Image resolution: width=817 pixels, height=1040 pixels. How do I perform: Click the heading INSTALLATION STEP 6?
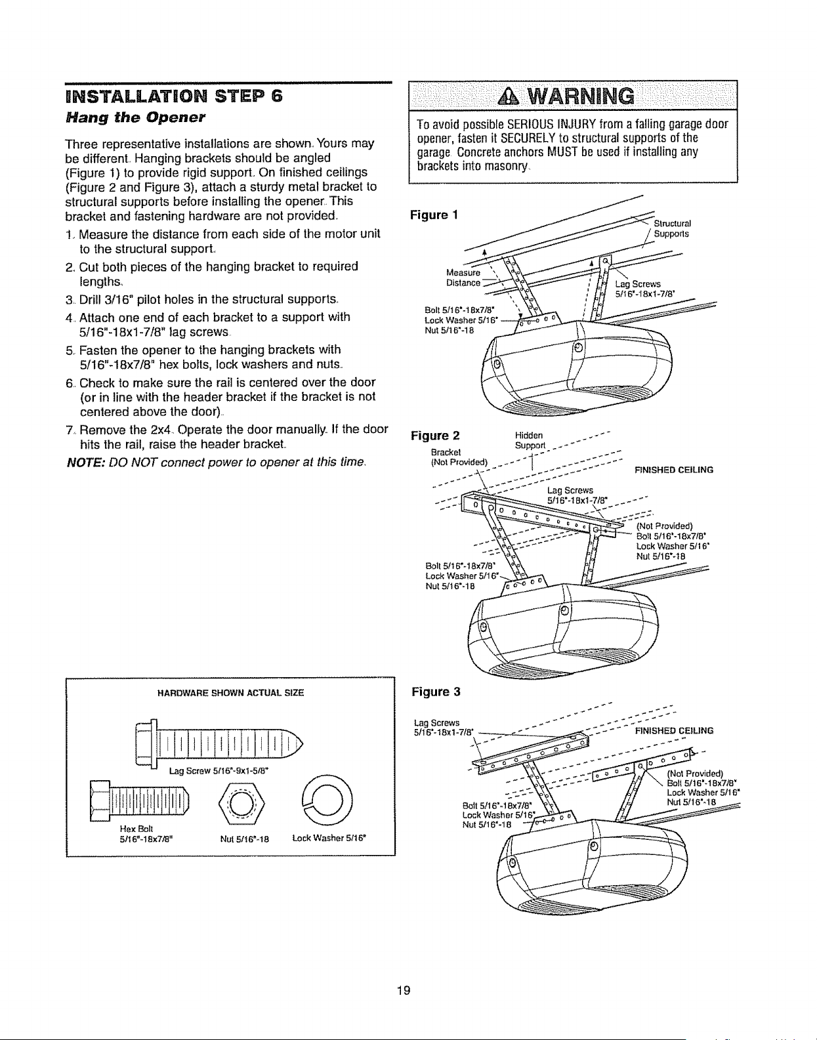coord(174,96)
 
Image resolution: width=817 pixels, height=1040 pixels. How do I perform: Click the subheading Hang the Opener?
coord(135,117)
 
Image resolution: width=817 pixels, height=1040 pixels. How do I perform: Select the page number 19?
coord(404,990)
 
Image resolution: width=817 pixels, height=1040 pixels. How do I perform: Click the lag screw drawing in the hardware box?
coord(219,743)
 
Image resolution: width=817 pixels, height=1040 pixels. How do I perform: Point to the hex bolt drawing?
coord(139,800)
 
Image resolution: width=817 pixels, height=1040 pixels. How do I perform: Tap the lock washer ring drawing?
coord(328,799)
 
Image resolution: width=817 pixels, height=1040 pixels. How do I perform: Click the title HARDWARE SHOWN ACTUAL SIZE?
coord(231,692)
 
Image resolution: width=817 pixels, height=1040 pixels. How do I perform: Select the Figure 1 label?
coord(434,215)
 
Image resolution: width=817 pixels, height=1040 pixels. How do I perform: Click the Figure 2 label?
coord(435,436)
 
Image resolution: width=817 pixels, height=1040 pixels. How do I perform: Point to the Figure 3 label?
coord(436,692)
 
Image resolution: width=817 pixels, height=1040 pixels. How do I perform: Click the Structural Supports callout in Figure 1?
coord(672,229)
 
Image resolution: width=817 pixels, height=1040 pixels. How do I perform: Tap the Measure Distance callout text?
coord(463,278)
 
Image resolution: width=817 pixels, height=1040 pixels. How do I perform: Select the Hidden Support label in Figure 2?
coord(530,440)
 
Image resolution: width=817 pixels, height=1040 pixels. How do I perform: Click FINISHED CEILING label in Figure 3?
coord(674,731)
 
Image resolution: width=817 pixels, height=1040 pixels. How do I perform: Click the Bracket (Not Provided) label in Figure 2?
coord(459,457)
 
